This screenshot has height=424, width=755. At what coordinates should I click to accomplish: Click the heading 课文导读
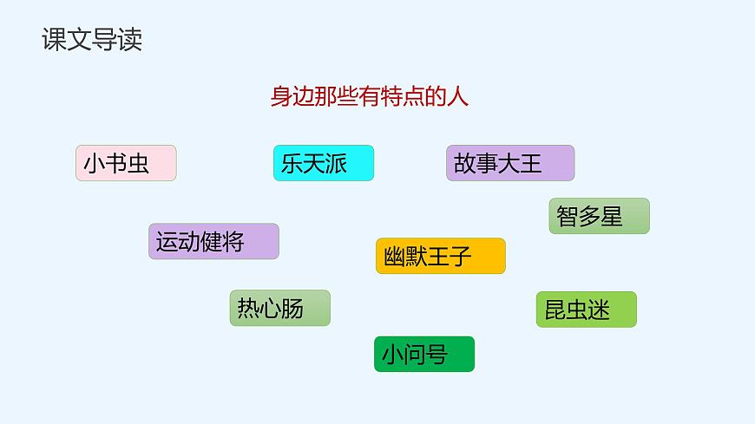pyautogui.click(x=92, y=41)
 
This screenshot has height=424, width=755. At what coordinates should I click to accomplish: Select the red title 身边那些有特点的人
pyautogui.click(x=369, y=96)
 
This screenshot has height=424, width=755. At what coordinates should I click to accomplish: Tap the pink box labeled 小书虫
pyautogui.click(x=126, y=163)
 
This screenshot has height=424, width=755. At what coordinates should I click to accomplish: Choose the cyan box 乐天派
pyautogui.click(x=323, y=163)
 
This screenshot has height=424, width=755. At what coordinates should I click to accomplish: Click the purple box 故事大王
pyautogui.click(x=510, y=163)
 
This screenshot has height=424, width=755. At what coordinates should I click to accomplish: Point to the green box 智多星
pyautogui.click(x=599, y=216)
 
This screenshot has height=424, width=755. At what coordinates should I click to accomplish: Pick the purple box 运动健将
pyautogui.click(x=213, y=241)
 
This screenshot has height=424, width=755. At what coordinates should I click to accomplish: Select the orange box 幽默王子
pyautogui.click(x=440, y=256)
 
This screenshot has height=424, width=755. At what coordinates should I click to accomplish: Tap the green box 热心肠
pyautogui.click(x=279, y=308)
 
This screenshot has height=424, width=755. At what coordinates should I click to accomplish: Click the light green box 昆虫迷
pyautogui.click(x=586, y=310)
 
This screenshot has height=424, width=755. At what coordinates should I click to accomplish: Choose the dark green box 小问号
pyautogui.click(x=424, y=354)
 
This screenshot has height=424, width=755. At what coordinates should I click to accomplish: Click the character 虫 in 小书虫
pyautogui.click(x=139, y=163)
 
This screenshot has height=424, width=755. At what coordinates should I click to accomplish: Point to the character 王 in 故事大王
pyautogui.click(x=531, y=163)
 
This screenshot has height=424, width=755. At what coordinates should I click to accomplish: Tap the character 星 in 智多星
pyautogui.click(x=612, y=216)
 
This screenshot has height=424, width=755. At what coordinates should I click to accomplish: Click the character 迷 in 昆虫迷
pyautogui.click(x=599, y=310)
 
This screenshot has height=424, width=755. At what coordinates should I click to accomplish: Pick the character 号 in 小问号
pyautogui.click(x=437, y=354)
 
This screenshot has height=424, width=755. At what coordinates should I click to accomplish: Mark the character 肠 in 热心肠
pyautogui.click(x=292, y=308)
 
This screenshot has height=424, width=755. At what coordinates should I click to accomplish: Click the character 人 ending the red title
pyautogui.click(x=458, y=96)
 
